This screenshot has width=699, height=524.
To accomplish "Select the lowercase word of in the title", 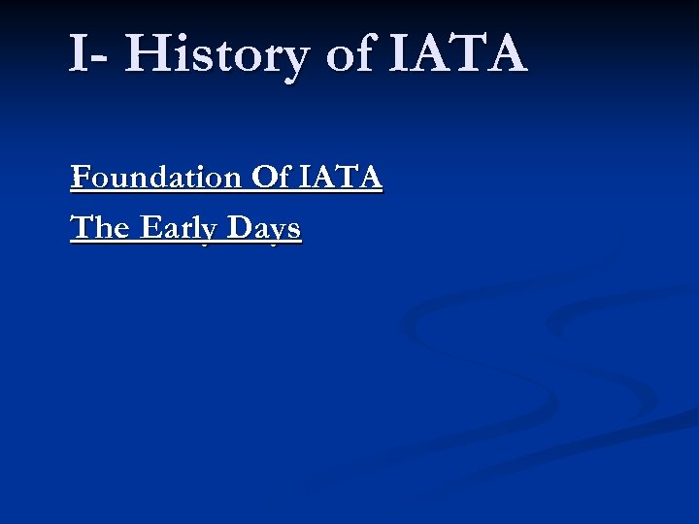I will tap(350, 54).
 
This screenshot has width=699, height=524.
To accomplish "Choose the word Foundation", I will tap(155, 179).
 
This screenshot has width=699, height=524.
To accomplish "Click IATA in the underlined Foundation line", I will tap(341, 179).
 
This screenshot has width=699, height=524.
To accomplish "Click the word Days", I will tap(263, 229).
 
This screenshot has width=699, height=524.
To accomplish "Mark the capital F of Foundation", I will tap(80, 179).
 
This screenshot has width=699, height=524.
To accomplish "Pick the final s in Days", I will tap(293, 231).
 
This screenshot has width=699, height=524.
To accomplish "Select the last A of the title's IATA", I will tap(506, 53).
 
